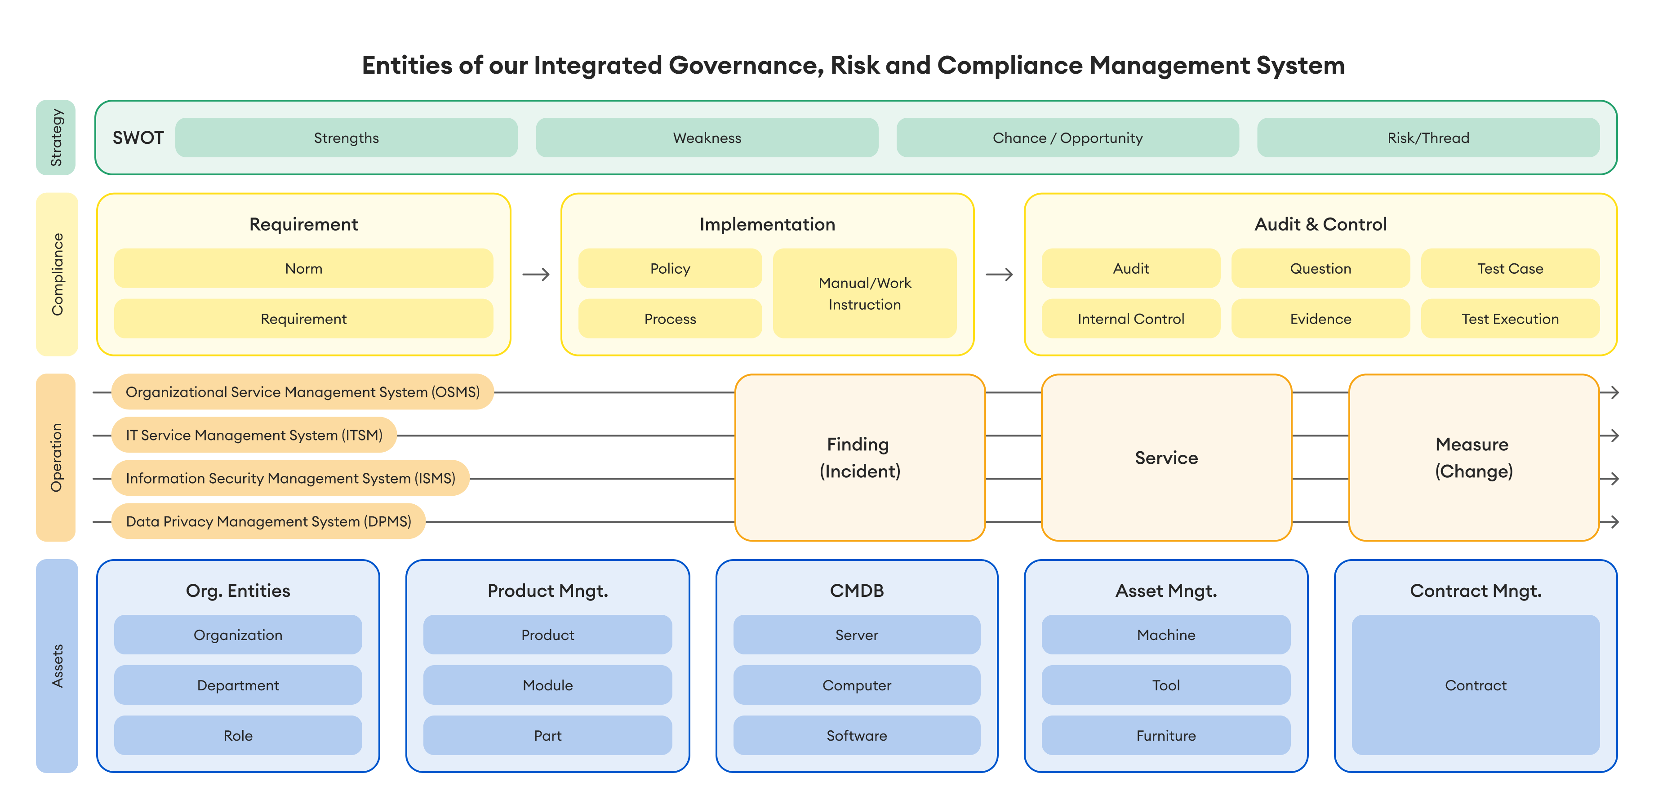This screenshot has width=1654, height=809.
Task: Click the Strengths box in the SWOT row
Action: [346, 138]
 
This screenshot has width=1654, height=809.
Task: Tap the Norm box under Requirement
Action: [304, 268]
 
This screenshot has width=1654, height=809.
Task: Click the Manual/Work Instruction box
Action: [864, 293]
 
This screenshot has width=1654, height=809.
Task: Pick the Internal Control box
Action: [1131, 319]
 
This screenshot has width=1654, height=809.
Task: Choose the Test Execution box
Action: [1510, 319]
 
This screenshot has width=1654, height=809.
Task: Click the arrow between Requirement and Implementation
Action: [536, 275]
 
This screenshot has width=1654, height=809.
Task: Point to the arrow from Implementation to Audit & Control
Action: [999, 275]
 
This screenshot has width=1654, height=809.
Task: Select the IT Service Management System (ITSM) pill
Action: [254, 436]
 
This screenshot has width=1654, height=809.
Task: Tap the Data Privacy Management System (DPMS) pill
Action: [268, 521]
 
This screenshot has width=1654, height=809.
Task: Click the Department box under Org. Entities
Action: [238, 685]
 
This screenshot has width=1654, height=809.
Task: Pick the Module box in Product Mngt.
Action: [548, 685]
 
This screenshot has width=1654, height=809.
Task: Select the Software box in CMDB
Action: [857, 735]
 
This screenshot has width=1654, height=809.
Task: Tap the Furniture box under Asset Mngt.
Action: [1166, 735]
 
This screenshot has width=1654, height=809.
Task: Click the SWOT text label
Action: [138, 138]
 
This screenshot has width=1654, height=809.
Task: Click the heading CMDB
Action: [857, 591]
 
